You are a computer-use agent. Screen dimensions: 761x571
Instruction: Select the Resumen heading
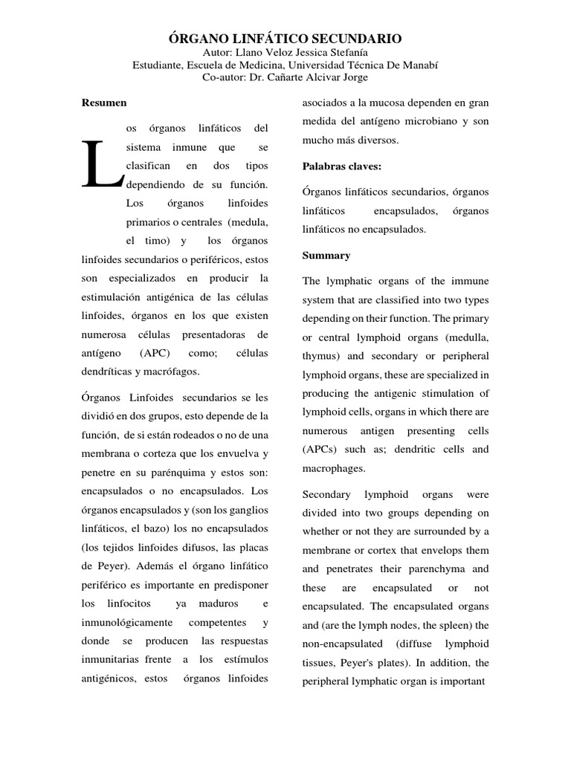104,103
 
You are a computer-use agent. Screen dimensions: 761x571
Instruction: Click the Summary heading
326,256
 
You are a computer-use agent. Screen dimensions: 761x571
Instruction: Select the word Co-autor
234,77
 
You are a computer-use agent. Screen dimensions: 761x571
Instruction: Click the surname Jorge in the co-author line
353,77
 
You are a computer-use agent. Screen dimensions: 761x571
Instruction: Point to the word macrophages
334,469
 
